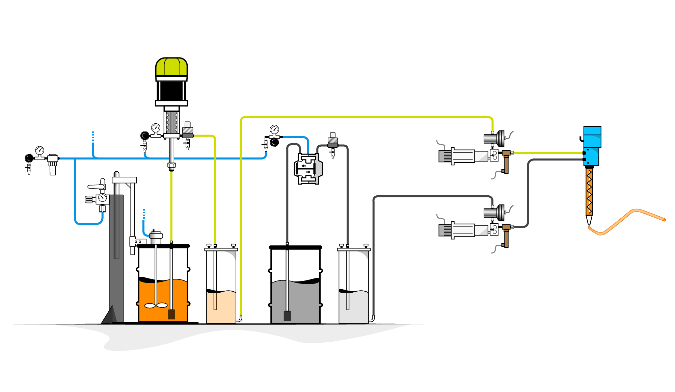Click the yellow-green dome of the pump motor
[x=171, y=67]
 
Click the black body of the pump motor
[x=171, y=91]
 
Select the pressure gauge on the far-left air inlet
[x=39, y=150]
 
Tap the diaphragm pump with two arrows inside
[x=308, y=169]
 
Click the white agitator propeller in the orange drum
[x=156, y=305]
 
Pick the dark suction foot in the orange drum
[x=171, y=315]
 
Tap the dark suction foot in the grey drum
[x=287, y=316]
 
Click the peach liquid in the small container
[x=221, y=308]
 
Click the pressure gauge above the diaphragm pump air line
[x=274, y=129]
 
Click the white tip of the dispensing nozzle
[x=589, y=220]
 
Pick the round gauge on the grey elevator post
[x=102, y=198]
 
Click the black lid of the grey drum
[x=295, y=247]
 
